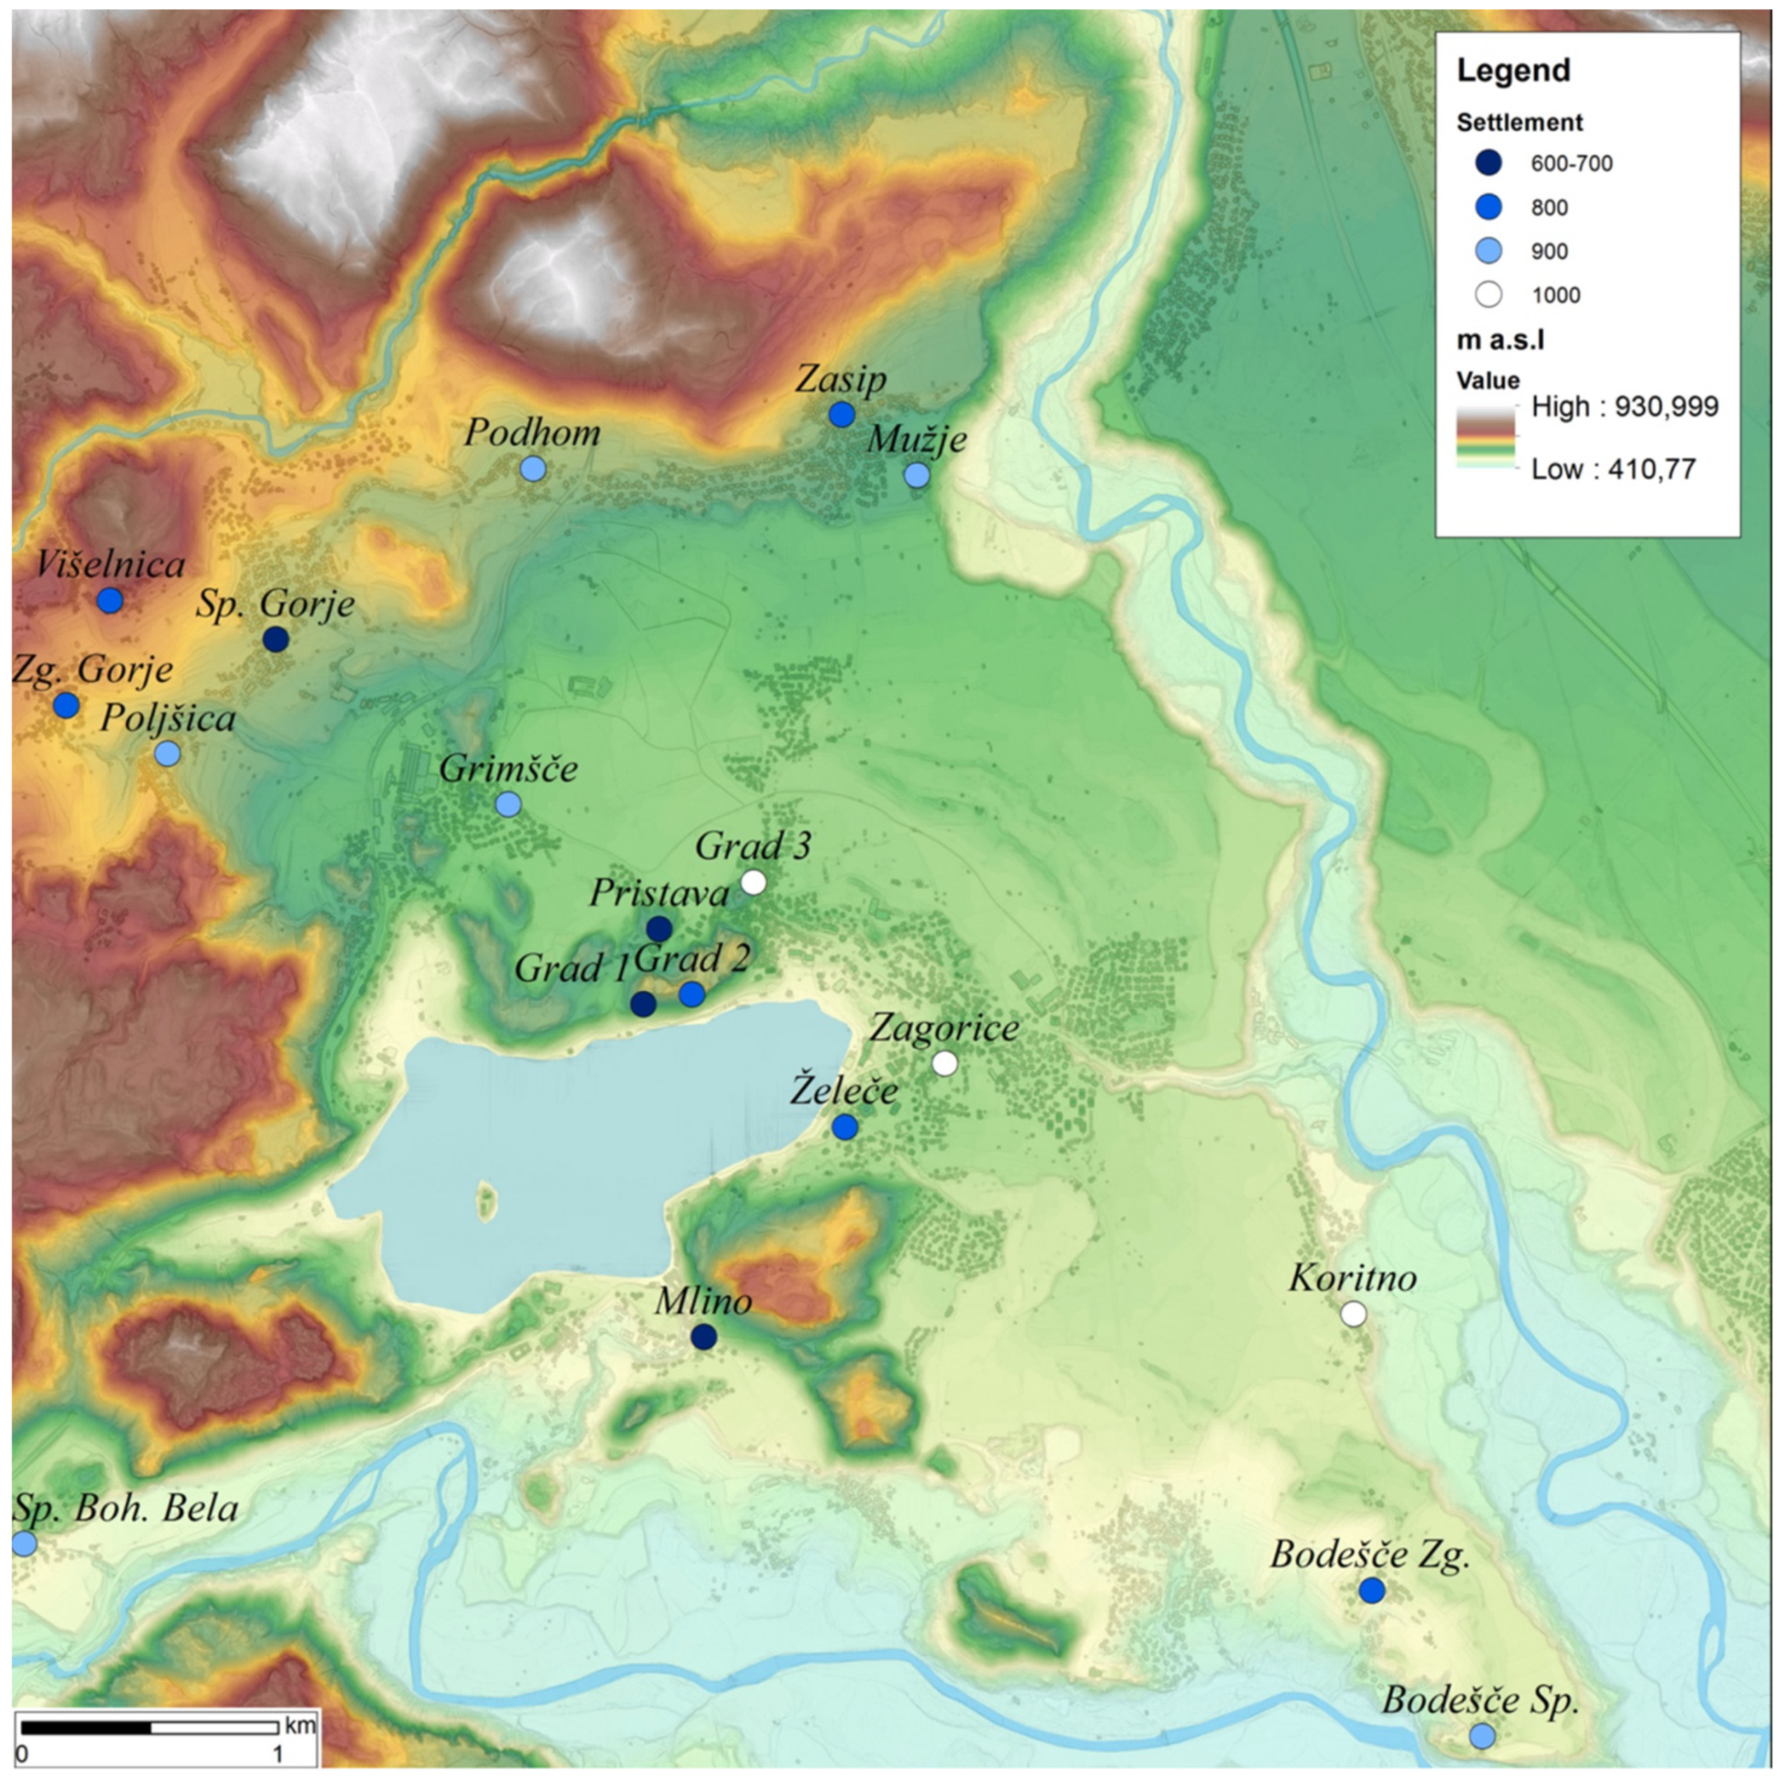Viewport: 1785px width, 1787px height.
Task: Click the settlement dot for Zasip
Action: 841,414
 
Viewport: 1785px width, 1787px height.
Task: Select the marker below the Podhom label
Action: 533,469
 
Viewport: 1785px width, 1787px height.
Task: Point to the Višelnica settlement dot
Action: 110,600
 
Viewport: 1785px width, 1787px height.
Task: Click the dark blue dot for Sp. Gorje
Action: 275,639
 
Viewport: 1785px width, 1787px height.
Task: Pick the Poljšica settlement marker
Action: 168,754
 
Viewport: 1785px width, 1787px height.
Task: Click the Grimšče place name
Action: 508,769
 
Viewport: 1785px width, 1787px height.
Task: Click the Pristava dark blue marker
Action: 658,929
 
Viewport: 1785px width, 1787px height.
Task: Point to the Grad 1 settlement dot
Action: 644,1004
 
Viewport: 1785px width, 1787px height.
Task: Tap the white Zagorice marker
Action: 944,1064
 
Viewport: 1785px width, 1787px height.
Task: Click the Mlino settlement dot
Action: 704,1336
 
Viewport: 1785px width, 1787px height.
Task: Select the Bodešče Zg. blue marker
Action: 1371,1591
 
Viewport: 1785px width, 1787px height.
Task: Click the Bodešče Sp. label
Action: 1480,1701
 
